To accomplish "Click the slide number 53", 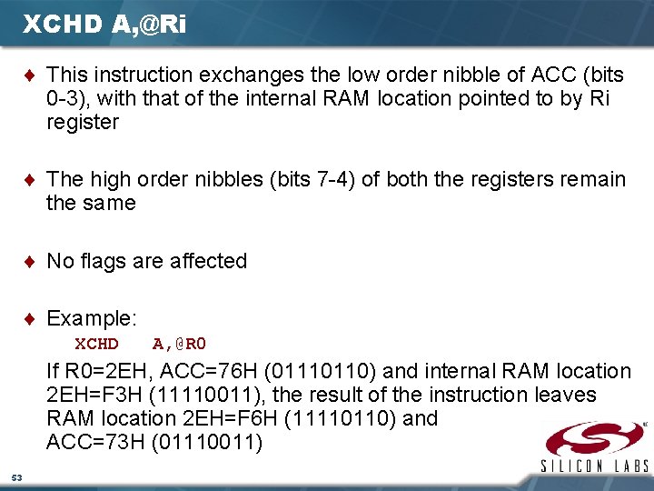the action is [16, 477].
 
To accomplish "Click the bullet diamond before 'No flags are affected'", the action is [33, 262].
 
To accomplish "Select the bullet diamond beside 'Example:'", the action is [33, 319].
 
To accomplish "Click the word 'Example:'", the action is [92, 319].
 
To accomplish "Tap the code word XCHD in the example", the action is [96, 344].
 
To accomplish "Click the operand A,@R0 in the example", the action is [180, 344].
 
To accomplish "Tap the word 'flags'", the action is [103, 262].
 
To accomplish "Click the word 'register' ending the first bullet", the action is [83, 122].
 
